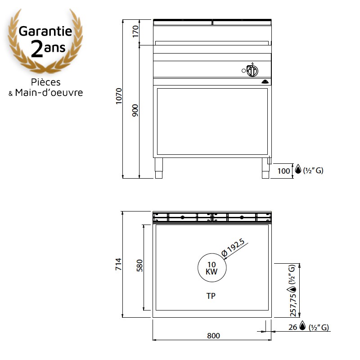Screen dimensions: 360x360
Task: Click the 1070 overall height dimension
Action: [x=119, y=96]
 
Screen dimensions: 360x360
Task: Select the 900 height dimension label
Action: [x=135, y=110]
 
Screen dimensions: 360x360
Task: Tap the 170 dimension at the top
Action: [x=136, y=31]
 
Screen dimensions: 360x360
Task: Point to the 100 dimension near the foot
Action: [x=284, y=171]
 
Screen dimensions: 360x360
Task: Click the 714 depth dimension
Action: [x=118, y=264]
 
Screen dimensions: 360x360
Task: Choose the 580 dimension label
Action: [x=139, y=265]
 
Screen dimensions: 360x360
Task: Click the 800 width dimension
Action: [x=213, y=336]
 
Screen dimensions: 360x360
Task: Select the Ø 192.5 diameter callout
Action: [x=233, y=247]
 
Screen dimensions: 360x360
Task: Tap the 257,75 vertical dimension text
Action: [x=293, y=306]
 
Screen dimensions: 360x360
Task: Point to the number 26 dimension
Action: [x=293, y=327]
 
